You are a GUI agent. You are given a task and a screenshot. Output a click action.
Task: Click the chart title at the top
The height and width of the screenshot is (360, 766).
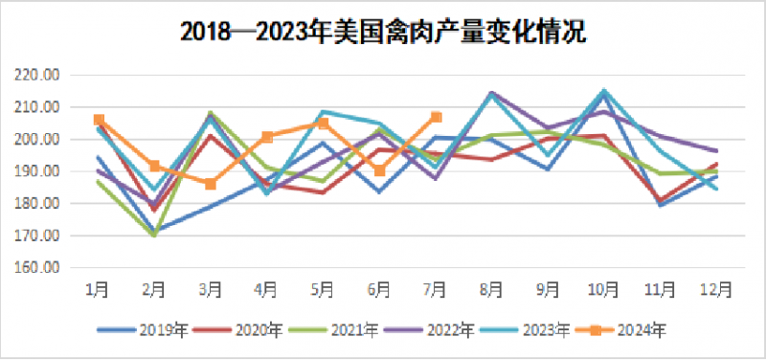[x=382, y=32]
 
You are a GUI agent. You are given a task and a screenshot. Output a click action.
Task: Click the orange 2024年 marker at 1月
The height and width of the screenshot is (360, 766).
[x=99, y=120]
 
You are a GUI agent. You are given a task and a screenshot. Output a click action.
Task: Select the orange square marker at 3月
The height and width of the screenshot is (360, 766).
[x=211, y=184]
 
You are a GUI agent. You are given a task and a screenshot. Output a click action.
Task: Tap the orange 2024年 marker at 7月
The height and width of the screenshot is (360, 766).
[x=436, y=117]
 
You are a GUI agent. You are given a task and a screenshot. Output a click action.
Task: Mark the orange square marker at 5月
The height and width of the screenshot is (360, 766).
[x=324, y=123]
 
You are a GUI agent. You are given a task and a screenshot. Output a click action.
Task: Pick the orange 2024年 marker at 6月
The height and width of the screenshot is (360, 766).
[x=379, y=170]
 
